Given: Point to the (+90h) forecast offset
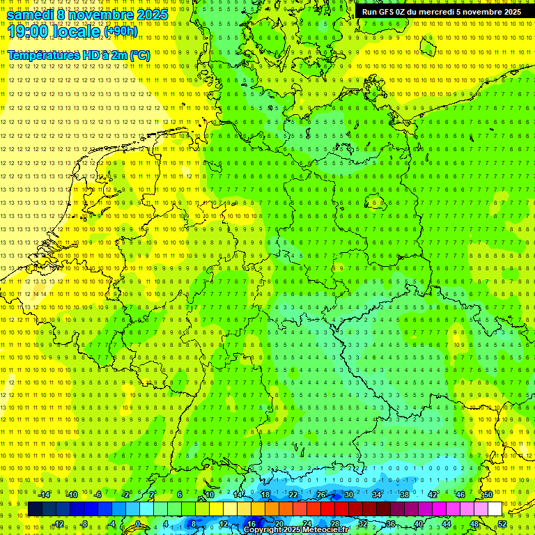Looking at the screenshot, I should (121, 31).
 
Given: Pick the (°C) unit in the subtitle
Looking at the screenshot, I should (139, 55).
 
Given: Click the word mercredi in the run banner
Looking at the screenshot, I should (433, 12).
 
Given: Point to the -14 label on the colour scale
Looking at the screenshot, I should (44, 495).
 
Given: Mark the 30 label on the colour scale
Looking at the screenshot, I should (348, 495).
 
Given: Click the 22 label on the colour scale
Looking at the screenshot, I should (293, 495).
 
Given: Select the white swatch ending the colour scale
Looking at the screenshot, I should (495, 509).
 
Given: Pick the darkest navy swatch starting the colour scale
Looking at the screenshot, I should (35, 509).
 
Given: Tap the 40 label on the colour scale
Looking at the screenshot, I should (419, 524).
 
